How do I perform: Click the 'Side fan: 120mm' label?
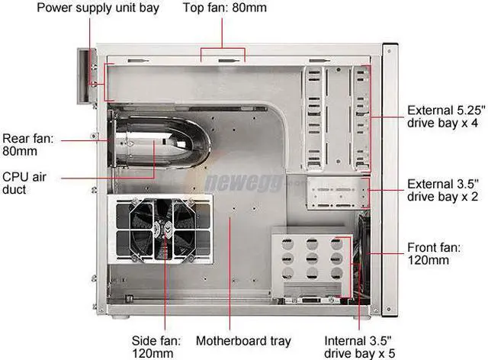pos(156,346)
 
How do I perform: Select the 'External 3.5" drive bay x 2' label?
pos(442,190)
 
